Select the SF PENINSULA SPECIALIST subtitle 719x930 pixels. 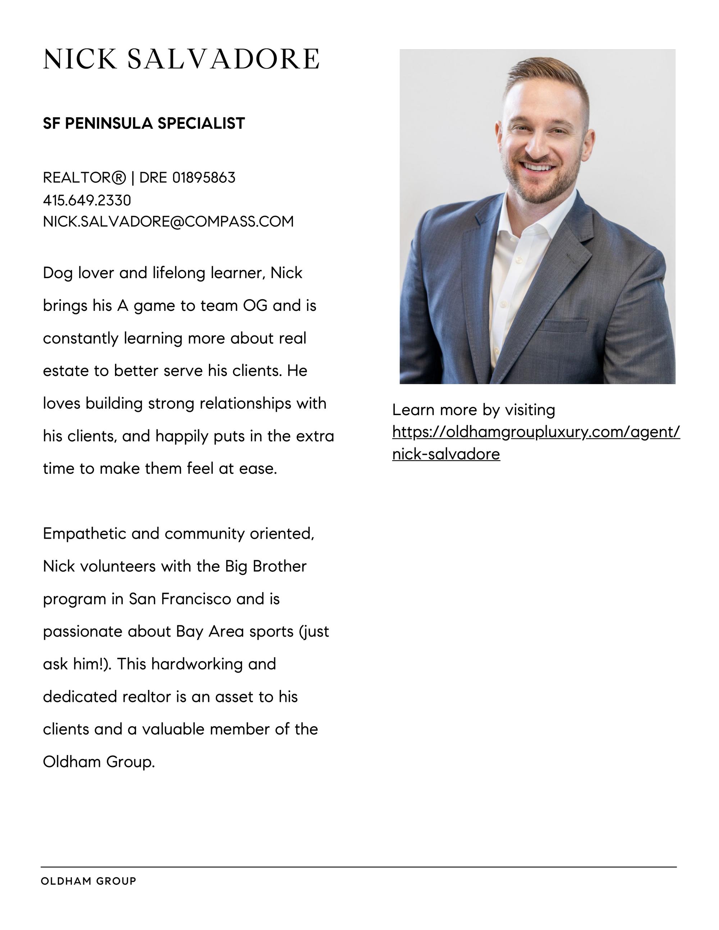coord(144,124)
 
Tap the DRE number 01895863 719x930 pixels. coord(203,178)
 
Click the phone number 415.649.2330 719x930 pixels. coord(87,200)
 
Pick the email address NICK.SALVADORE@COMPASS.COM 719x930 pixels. coord(168,221)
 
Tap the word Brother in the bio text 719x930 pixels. coord(279,566)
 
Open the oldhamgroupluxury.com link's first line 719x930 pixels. coord(536,432)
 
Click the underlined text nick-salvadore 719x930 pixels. coord(446,454)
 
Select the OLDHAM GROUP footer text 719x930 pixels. coord(88,881)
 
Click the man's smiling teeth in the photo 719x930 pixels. coord(539,166)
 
